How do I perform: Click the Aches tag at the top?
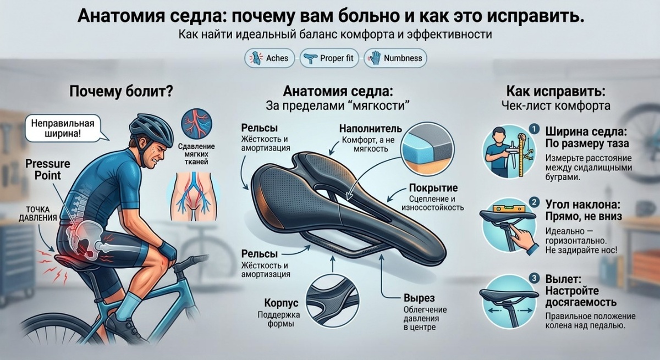point(269,58)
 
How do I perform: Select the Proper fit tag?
point(329,58)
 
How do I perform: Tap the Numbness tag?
point(395,58)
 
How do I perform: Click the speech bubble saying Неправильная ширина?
point(63,128)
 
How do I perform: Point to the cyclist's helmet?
point(151,129)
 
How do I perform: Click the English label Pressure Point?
point(48,169)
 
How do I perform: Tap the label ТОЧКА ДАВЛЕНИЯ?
point(38,214)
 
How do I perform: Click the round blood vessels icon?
point(196,124)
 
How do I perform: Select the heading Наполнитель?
point(371,129)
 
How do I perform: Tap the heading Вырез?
point(419,298)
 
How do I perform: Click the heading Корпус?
point(281,303)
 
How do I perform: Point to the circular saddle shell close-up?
point(332,301)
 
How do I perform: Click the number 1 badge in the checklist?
point(534,129)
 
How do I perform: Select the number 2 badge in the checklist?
point(534,202)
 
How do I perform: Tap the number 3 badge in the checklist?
point(534,278)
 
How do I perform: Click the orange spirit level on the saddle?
point(509,209)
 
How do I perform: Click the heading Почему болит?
point(121,92)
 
